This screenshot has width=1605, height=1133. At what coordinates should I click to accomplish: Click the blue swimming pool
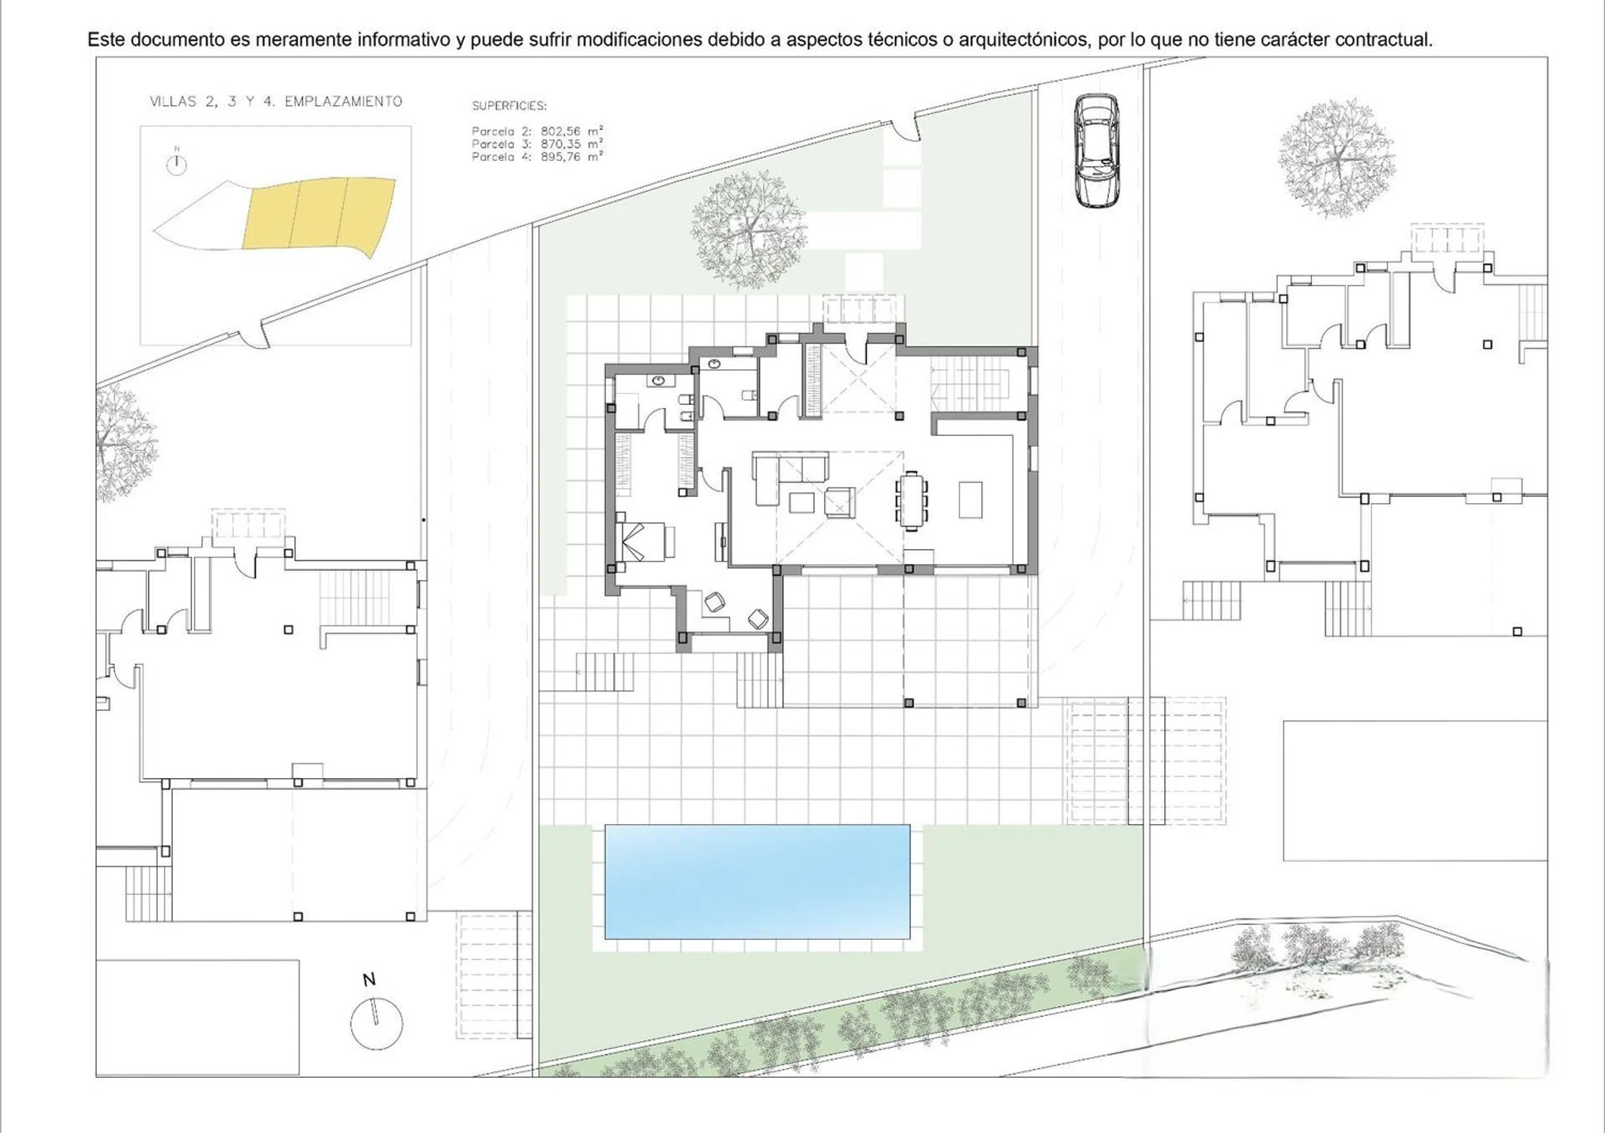click(x=757, y=881)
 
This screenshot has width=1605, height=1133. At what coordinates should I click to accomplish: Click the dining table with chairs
click(x=912, y=499)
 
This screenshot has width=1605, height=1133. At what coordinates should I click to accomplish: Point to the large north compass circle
click(x=376, y=1023)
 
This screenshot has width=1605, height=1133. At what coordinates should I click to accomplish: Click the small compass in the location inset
click(x=177, y=164)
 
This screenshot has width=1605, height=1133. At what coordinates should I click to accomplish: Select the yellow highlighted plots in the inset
click(x=319, y=214)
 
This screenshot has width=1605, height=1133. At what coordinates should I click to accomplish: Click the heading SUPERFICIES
click(x=509, y=106)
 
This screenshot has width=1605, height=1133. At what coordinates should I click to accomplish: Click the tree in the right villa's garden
click(x=1337, y=158)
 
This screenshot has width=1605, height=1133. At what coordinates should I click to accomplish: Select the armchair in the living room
click(x=840, y=502)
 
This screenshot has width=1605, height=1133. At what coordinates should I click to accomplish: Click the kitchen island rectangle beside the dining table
click(x=971, y=499)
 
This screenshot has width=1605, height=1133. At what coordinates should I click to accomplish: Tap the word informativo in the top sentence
click(x=404, y=39)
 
